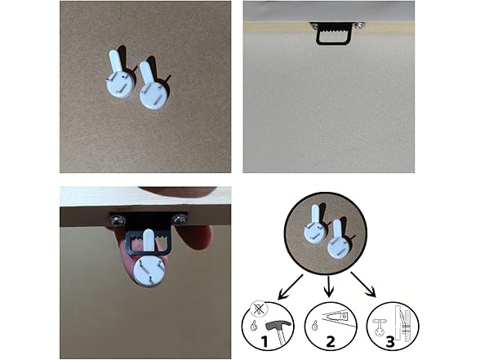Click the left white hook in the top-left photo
click(119, 79)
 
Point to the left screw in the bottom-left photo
click(117, 220)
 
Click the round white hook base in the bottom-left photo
click(149, 271)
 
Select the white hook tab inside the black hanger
click(149, 242)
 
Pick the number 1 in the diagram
click(264, 340)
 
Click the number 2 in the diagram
click(330, 341)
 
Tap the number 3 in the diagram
click(389, 341)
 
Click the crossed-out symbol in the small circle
click(259, 309)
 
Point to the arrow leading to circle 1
click(291, 287)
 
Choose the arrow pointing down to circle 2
click(328, 287)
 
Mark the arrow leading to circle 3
click(363, 284)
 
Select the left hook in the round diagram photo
click(315, 224)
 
